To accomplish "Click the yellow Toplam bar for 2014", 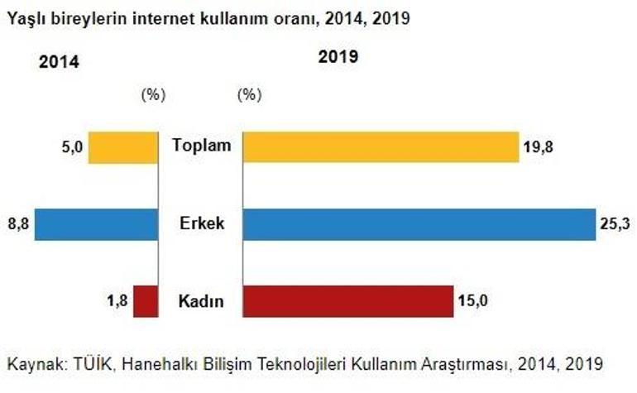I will pyautogui.click(x=122, y=147).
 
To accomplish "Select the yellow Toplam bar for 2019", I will pyautogui.click(x=381, y=147).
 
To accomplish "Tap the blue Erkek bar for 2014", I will pyautogui.click(x=96, y=223).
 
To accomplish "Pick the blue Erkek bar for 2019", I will pyautogui.click(x=419, y=223).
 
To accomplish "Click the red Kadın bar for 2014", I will pyautogui.click(x=145, y=300).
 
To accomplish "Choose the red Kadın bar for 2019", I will pyautogui.click(x=347, y=300).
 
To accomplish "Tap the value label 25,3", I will pyautogui.click(x=615, y=223).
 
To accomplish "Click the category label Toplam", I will pyautogui.click(x=201, y=146).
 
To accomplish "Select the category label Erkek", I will pyautogui.click(x=201, y=223).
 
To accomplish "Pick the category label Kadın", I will pyautogui.click(x=201, y=301).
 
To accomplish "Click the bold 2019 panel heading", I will pyautogui.click(x=338, y=57).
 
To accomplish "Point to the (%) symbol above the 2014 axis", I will pyautogui.click(x=154, y=94).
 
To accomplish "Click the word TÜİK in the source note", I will pyautogui.click(x=85, y=364).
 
